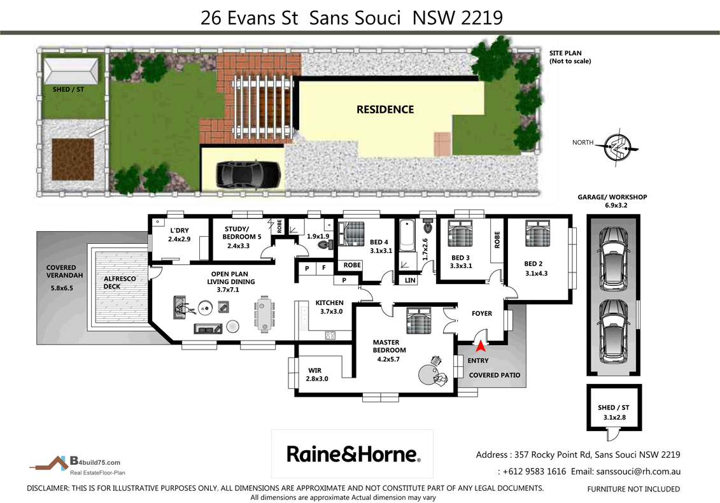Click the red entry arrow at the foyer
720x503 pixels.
(480, 346)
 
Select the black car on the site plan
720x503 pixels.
(248, 173)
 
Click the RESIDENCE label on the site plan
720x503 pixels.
(385, 110)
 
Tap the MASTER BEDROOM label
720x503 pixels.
(389, 346)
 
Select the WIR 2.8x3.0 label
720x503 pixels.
(318, 374)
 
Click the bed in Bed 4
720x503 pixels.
(350, 234)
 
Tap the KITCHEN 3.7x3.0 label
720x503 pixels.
(329, 307)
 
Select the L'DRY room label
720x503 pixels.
(179, 235)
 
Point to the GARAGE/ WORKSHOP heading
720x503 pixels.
(611, 201)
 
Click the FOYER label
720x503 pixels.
(481, 313)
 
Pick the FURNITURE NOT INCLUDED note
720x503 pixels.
(633, 489)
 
